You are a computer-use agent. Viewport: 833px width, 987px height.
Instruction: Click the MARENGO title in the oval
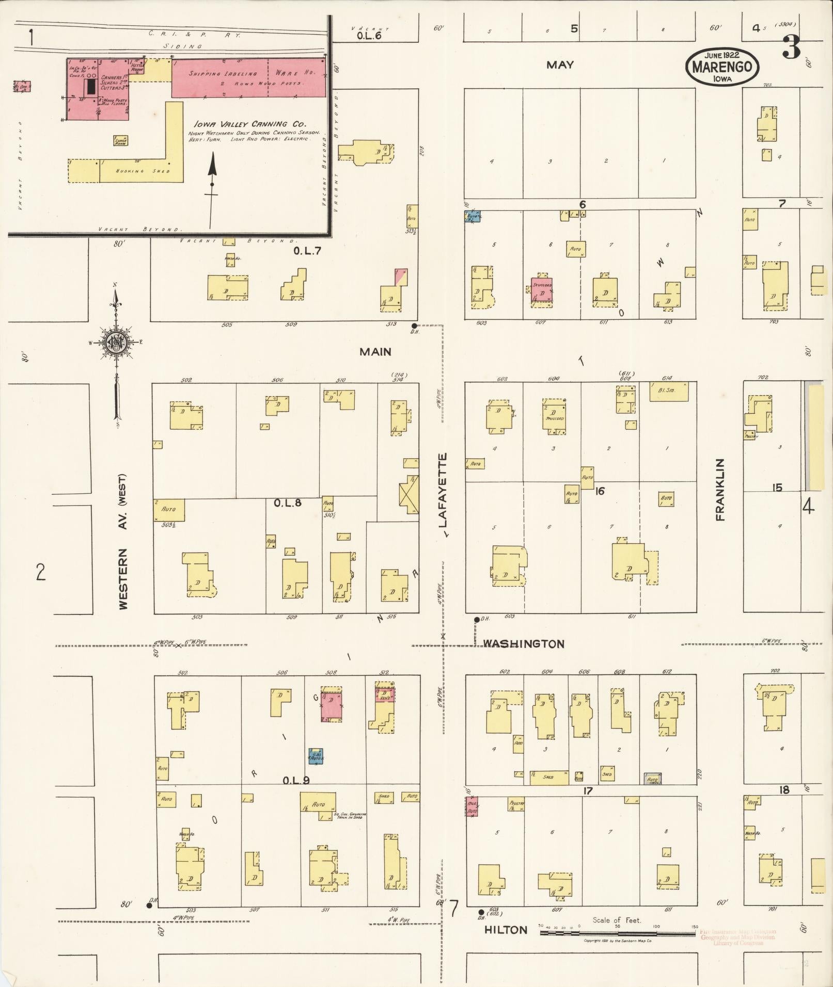(x=722, y=67)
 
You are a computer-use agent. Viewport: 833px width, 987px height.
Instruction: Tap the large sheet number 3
(x=791, y=47)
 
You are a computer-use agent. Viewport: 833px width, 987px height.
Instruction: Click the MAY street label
(x=560, y=64)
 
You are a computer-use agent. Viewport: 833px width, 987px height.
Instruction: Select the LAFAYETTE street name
(x=443, y=490)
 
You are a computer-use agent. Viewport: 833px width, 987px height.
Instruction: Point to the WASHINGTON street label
(x=524, y=644)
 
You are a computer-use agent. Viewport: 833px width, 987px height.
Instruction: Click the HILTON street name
(x=506, y=930)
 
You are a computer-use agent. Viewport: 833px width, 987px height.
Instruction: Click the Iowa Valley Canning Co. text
(x=250, y=124)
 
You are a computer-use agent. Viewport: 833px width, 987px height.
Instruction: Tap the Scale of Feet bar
(x=617, y=933)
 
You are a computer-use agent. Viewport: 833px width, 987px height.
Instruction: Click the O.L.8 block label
(x=288, y=502)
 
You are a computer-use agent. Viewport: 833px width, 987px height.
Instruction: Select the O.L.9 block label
(x=296, y=781)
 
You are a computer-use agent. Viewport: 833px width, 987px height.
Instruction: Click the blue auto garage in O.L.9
(x=316, y=756)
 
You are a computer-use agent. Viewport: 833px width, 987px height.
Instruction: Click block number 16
(x=599, y=491)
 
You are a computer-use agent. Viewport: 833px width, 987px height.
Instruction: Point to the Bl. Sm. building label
(x=669, y=391)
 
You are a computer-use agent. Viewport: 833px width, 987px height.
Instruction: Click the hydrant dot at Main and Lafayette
(x=414, y=326)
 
